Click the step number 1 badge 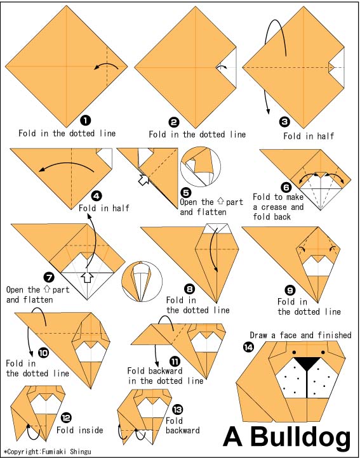85,120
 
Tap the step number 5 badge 185,192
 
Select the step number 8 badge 189,289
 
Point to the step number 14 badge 248,347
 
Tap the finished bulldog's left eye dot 293,352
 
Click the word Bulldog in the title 300,437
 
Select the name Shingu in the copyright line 81,452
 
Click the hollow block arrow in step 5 143,180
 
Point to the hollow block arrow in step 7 87,277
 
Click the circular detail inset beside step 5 201,166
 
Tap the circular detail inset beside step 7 142,282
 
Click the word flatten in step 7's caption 38,299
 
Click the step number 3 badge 284,122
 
